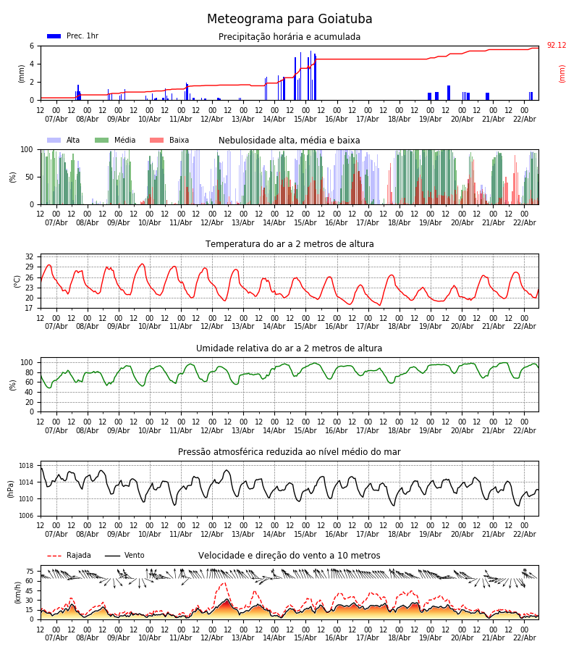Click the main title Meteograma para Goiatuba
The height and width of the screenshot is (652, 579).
(289, 20)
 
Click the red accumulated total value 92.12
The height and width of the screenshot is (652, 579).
(557, 46)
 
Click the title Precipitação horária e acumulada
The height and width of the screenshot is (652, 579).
(289, 37)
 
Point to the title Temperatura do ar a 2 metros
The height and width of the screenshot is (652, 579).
(289, 244)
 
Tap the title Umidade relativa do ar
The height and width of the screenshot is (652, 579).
(289, 348)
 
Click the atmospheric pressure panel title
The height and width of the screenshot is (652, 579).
(289, 452)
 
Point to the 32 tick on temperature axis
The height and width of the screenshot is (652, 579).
(30, 257)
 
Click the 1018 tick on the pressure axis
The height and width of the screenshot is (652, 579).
(26, 466)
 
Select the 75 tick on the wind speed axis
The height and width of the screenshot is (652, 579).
(30, 572)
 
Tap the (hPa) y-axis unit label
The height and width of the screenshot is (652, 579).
(12, 488)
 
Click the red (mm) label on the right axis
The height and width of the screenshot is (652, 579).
(562, 73)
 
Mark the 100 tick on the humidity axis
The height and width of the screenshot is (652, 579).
(28, 363)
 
